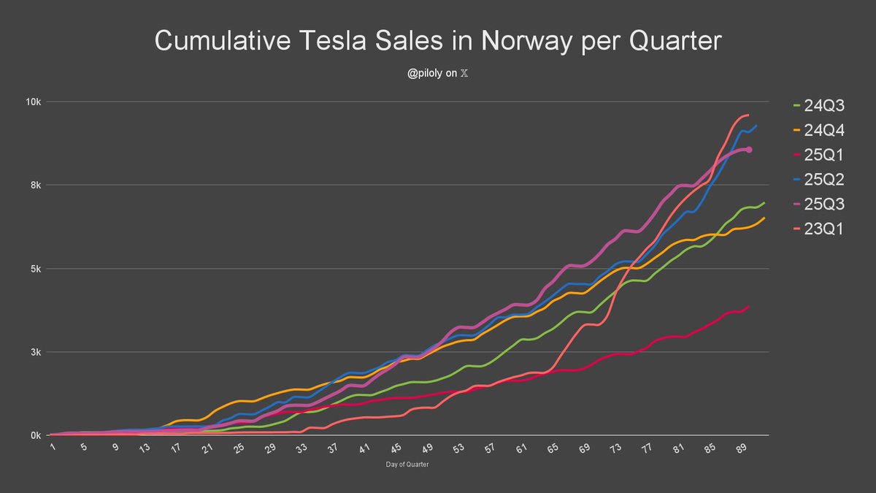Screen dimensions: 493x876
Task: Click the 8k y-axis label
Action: pos(34,185)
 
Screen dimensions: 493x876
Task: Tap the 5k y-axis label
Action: pos(34,268)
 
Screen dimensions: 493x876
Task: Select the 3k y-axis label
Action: pos(34,352)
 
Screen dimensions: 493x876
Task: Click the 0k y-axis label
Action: pos(34,435)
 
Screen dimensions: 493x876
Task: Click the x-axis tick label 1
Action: pos(53,446)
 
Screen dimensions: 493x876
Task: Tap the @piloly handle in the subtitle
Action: pos(426,73)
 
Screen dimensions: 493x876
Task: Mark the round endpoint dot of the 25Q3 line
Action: pos(749,150)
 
